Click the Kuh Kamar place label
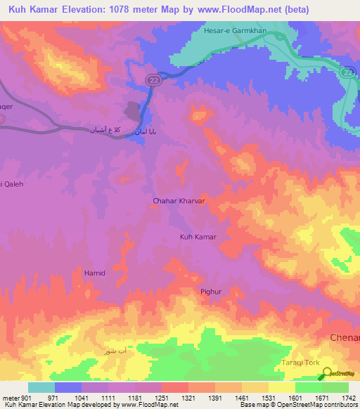tap(198, 237)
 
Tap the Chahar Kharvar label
tap(179, 201)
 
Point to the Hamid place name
tap(94, 272)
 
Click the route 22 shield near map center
tap(153, 81)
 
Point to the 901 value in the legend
tap(27, 398)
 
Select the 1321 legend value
tap(188, 398)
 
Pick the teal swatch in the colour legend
tap(41, 387)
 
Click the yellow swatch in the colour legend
tap(281, 387)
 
